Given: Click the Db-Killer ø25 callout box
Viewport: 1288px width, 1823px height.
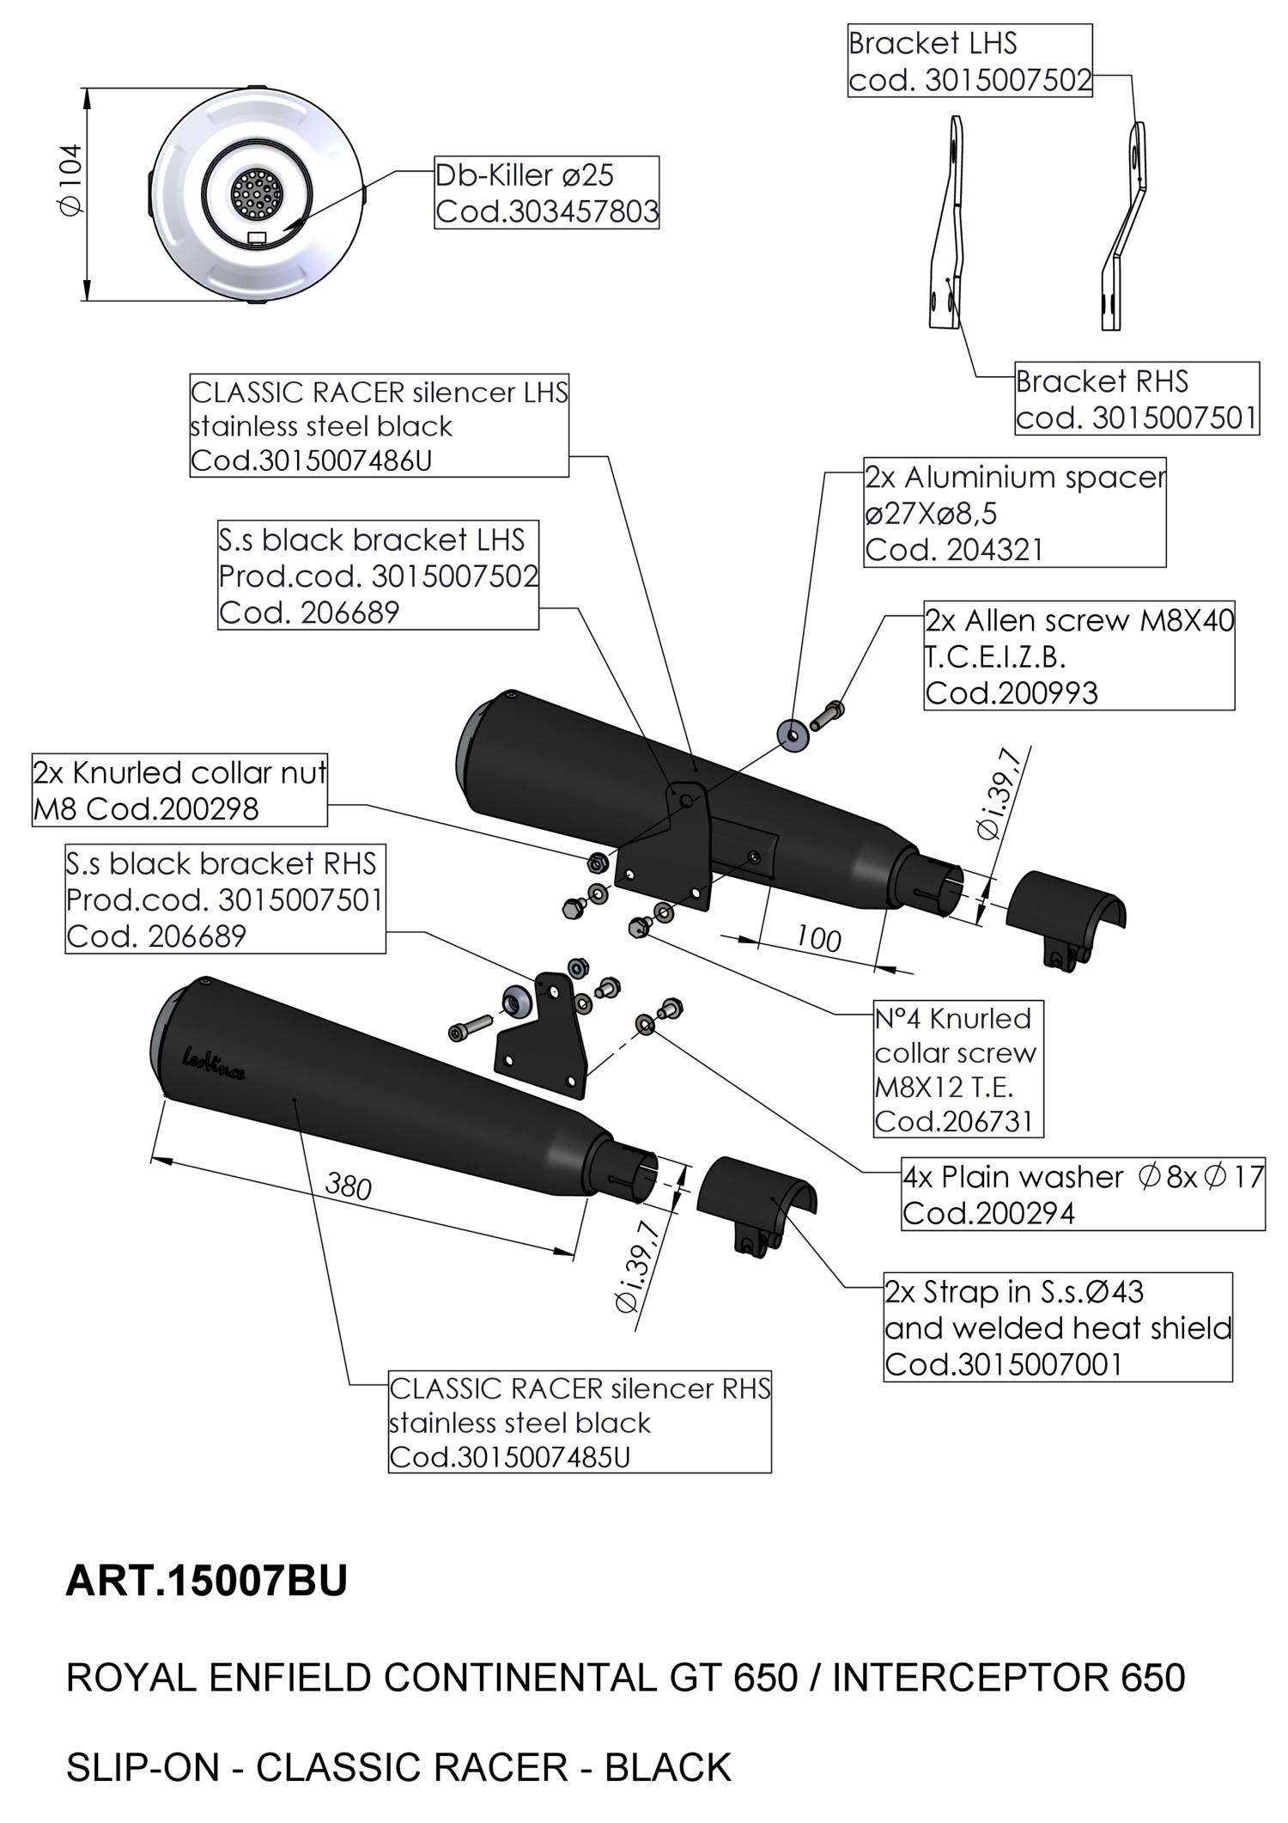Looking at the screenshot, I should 546,192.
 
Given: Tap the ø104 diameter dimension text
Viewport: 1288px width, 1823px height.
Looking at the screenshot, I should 70,180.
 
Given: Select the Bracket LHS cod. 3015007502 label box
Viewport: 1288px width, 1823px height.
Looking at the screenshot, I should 969,61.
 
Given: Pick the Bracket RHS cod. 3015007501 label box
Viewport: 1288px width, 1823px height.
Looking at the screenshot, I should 1136,399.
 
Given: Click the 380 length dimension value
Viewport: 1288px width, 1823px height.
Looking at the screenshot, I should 349,1186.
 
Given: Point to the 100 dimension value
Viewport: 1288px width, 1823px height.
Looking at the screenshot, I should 818,938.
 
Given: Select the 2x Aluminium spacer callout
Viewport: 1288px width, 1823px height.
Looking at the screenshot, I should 1014,513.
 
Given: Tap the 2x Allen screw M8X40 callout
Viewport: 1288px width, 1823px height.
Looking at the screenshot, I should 1078,655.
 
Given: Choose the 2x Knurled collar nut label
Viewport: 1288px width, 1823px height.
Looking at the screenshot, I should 179,790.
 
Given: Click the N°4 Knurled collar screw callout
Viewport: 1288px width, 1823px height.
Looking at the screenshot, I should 957,1069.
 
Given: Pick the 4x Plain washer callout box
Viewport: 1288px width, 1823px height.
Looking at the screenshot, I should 1082,1194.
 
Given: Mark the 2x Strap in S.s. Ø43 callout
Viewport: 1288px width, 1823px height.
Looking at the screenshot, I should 1057,1327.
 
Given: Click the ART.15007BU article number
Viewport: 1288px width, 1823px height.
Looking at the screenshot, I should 206,1581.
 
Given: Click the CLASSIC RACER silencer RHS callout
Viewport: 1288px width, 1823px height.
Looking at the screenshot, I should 580,1422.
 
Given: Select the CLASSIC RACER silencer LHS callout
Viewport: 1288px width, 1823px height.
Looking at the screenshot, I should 379,426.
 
